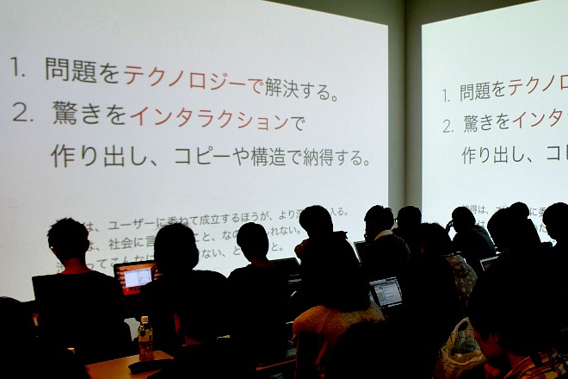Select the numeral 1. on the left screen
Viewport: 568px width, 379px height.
click(18, 69)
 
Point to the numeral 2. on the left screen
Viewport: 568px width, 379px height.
click(22, 112)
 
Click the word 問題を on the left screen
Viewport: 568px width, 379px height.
click(83, 71)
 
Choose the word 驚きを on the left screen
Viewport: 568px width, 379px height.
click(89, 115)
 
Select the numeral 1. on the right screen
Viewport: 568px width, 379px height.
click(446, 96)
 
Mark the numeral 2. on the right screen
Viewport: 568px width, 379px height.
click(448, 126)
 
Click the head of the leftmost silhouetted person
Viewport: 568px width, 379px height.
click(68, 240)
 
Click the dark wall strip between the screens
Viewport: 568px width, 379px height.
click(404, 103)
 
